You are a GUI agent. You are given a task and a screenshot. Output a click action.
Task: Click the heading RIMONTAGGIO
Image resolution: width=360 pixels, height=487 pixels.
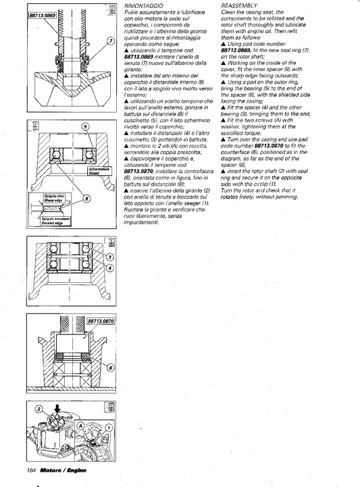tap(143, 6)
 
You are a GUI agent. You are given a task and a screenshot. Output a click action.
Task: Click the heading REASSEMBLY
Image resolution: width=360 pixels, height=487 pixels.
tap(239, 5)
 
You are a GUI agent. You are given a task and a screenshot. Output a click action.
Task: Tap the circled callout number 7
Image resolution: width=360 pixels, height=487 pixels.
tap(110, 41)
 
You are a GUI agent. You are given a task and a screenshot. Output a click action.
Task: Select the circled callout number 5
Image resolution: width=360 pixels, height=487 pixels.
tap(85, 127)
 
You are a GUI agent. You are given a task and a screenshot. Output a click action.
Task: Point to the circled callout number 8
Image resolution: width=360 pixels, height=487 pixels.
tap(88, 199)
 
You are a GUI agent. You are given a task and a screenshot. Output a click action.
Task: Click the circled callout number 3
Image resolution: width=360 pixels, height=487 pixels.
tap(110, 257)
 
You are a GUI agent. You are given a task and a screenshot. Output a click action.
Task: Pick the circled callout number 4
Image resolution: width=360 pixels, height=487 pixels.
tap(110, 268)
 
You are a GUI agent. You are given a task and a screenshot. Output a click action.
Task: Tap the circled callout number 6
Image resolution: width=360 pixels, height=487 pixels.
tap(110, 368)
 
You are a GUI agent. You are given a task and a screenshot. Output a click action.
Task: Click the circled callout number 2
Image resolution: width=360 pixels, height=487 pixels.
tap(38, 409)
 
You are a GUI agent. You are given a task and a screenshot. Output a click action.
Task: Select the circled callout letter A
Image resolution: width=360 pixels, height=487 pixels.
tap(80, 426)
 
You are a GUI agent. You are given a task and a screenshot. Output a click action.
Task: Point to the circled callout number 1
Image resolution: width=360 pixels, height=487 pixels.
tap(109, 428)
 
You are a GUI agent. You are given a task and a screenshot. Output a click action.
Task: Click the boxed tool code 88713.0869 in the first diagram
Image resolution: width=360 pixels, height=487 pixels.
tap(43, 16)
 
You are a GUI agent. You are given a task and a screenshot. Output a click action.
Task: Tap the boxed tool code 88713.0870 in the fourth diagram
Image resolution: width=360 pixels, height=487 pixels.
tap(101, 321)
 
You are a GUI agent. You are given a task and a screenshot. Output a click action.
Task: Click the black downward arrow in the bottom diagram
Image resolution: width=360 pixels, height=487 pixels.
tap(57, 409)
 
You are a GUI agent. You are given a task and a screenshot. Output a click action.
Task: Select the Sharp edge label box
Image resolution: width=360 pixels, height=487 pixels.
tap(53, 198)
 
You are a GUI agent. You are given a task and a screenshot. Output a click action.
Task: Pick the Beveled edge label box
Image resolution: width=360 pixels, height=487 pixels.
tap(55, 221)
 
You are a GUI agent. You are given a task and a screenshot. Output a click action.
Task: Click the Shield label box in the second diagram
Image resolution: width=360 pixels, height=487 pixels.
tap(99, 171)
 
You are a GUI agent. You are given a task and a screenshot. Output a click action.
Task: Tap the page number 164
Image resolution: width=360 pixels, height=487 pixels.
tap(32, 470)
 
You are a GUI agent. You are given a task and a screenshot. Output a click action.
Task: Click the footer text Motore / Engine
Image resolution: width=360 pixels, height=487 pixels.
tap(63, 470)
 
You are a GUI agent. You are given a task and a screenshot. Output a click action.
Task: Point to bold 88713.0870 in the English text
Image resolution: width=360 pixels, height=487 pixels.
tap(269, 146)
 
